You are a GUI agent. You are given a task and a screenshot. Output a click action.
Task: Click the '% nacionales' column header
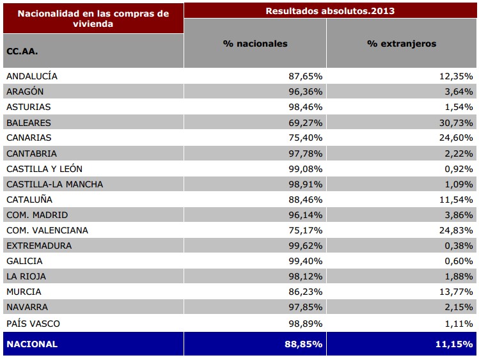[x=255, y=43]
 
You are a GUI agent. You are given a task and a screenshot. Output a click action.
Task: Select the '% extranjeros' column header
[x=402, y=43]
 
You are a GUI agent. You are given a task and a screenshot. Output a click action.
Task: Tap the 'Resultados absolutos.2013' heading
[x=330, y=11]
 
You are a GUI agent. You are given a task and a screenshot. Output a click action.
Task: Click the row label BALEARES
[x=29, y=123]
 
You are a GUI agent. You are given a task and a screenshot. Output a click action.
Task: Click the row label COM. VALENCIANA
[x=47, y=230]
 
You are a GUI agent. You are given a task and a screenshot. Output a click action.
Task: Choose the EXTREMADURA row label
[x=39, y=246]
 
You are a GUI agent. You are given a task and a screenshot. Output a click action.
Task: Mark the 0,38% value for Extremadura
[x=460, y=246]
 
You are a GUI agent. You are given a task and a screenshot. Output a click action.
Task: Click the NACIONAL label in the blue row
[x=32, y=344]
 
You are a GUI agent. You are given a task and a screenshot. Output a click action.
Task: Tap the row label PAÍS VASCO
[x=33, y=324]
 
